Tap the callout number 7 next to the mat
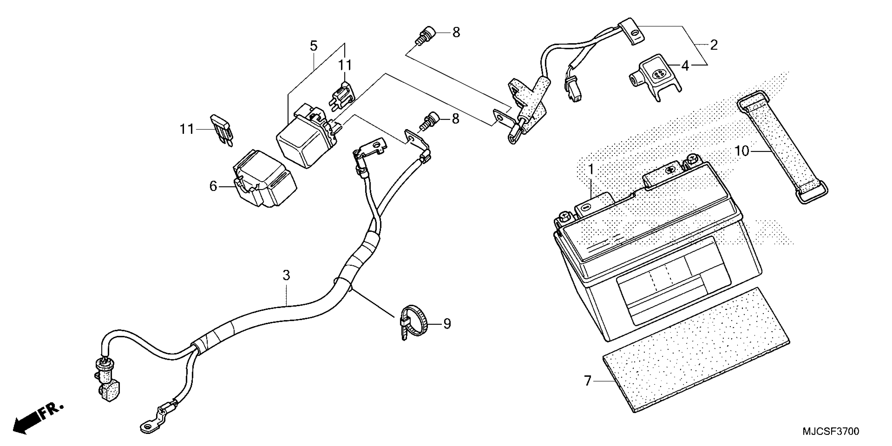(588, 381)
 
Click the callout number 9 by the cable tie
(447, 324)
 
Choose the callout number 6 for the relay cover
(213, 186)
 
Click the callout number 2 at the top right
(714, 45)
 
